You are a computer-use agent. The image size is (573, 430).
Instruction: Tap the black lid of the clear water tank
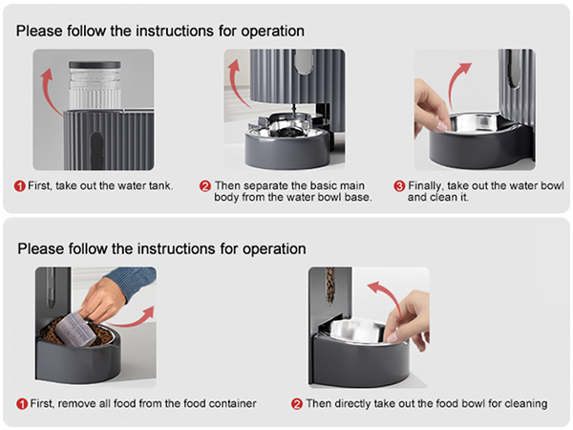click(95, 66)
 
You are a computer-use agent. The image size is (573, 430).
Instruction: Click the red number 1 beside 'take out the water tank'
click(20, 185)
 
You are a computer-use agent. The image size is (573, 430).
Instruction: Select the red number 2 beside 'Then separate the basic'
click(205, 185)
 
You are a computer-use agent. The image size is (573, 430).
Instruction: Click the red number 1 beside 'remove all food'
click(21, 403)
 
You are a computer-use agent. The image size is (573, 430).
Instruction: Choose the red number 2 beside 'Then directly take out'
click(296, 403)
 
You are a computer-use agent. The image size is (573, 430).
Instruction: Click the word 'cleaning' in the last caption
click(524, 403)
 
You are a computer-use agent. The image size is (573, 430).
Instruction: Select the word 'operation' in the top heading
click(271, 31)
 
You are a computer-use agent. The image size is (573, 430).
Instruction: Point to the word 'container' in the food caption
click(231, 403)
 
